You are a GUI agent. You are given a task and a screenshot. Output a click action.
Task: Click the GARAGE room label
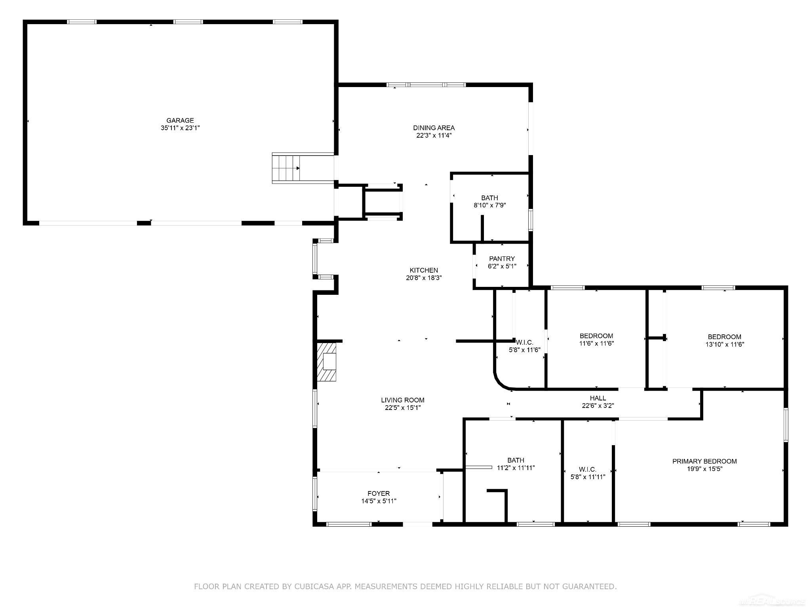(180, 120)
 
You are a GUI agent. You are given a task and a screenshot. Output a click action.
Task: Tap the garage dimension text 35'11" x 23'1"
(180, 128)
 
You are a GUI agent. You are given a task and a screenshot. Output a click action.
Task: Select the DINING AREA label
(434, 128)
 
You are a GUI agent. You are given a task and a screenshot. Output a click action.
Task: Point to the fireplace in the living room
(327, 362)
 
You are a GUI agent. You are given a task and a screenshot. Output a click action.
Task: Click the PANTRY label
(502, 259)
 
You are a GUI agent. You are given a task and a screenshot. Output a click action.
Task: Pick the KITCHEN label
(424, 270)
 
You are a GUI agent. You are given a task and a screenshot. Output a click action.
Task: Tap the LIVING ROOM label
(403, 400)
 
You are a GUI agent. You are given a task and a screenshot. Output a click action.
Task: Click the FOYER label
(379, 493)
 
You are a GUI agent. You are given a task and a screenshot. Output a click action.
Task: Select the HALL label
(598, 398)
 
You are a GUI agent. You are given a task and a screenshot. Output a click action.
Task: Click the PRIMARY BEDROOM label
(704, 461)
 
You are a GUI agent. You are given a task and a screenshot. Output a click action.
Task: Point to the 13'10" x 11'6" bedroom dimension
(725, 344)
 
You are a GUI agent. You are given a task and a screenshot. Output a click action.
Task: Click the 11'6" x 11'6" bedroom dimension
(596, 343)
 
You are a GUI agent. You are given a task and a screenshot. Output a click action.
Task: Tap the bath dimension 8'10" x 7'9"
(489, 205)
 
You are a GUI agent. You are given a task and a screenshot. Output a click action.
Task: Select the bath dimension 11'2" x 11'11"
(516, 468)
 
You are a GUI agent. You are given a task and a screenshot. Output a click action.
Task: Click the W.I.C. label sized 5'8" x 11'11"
(588, 469)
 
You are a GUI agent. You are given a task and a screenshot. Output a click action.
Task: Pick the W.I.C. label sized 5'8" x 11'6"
(525, 342)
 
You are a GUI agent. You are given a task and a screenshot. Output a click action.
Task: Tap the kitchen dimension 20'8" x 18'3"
(424, 278)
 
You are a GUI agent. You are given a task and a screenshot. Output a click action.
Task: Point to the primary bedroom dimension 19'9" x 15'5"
(704, 469)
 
